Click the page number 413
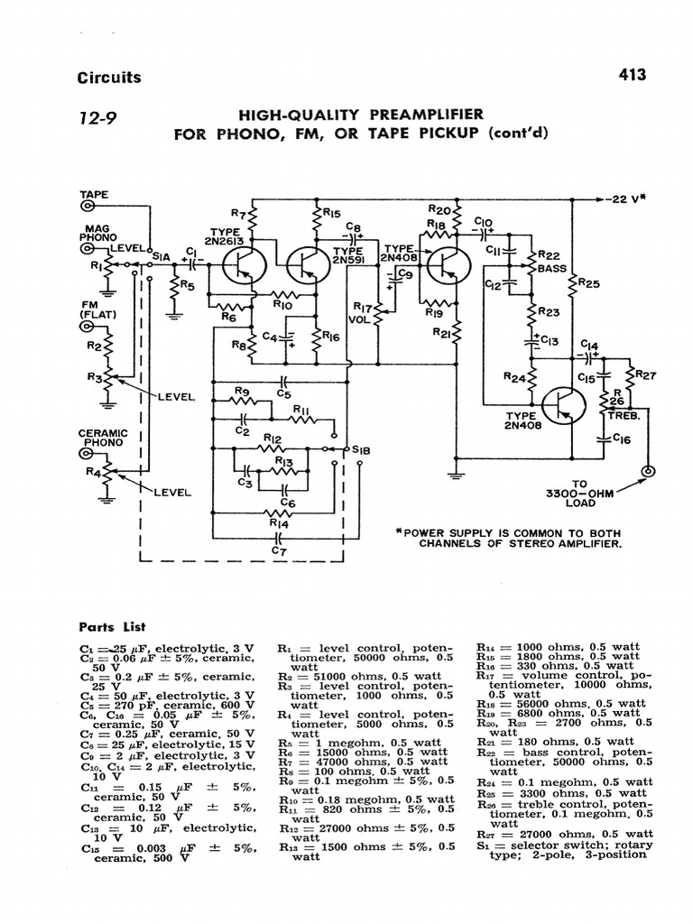(x=632, y=76)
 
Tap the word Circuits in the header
(x=109, y=78)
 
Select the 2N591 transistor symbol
(x=309, y=265)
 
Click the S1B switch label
(x=361, y=448)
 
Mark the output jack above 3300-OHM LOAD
(x=646, y=472)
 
